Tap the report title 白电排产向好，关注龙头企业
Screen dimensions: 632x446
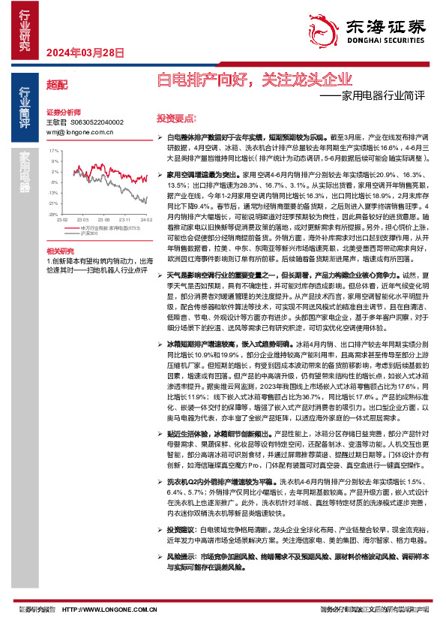coord(253,79)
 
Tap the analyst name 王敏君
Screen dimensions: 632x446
coord(57,122)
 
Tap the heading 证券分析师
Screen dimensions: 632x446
coord(63,110)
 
